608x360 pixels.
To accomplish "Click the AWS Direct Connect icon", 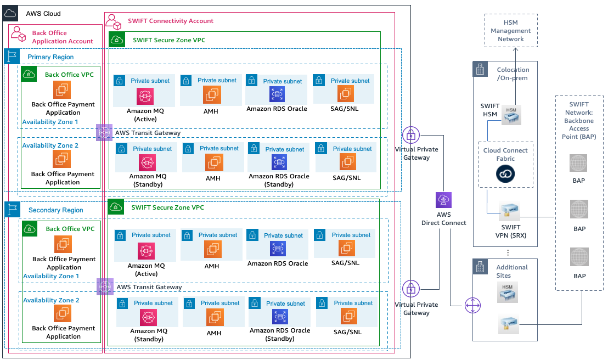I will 443,200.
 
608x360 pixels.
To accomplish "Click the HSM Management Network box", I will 511,31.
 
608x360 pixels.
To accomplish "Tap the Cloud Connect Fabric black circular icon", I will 505,174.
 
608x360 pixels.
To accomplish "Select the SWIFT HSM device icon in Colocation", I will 511,114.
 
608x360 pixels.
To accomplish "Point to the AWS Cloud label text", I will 43,13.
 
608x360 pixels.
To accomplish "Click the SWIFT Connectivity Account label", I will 170,21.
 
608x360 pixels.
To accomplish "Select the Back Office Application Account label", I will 62,37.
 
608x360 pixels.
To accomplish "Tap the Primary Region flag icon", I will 12,57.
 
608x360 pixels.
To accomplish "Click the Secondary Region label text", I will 55,210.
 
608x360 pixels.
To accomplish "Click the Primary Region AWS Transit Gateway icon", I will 104,132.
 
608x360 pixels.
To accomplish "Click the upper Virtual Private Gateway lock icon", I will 410,134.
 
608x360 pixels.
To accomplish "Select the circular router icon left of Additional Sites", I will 472,305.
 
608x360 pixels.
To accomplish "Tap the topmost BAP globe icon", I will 578,163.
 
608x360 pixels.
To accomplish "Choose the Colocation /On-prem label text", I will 513,74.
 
